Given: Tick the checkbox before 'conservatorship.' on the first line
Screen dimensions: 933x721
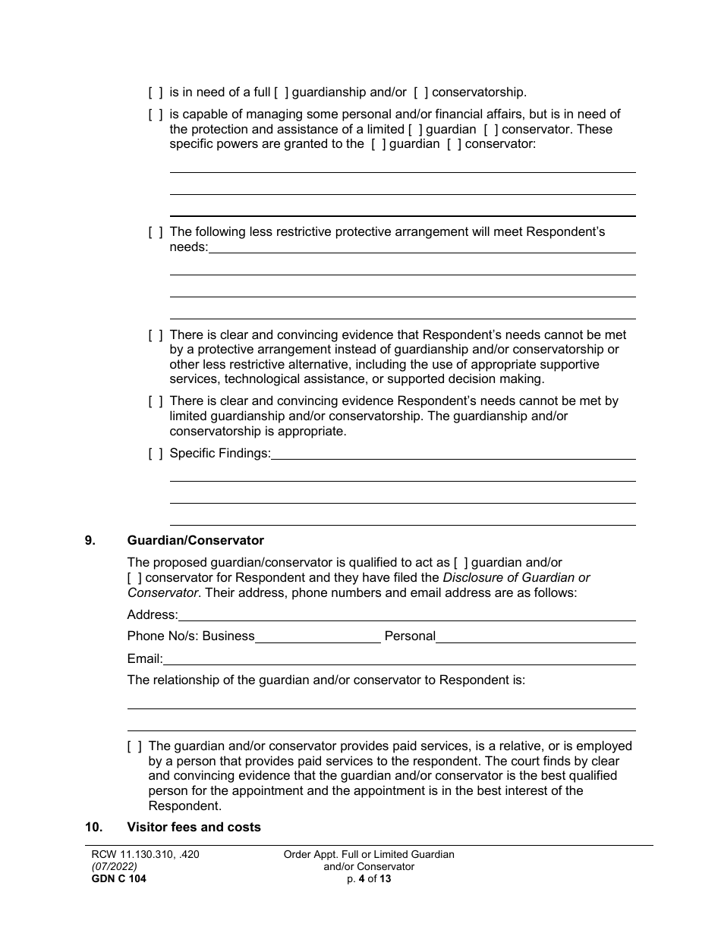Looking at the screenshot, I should click(x=421, y=93).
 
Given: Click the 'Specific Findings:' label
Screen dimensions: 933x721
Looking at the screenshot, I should click(x=220, y=454).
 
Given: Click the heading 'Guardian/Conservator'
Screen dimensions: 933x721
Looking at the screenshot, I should click(x=195, y=541).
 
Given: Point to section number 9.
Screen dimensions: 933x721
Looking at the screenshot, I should click(x=90, y=541).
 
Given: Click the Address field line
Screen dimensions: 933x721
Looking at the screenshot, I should click(x=407, y=614).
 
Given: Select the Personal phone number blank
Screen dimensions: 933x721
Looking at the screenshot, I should click(x=535, y=636).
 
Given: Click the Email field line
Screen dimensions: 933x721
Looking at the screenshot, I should click(x=399, y=658).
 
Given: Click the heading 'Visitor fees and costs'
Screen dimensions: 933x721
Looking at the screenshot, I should click(x=194, y=827).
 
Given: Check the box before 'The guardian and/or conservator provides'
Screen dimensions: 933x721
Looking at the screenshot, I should click(x=134, y=746).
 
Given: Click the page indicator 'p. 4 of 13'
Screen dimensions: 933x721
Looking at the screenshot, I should click(x=368, y=879).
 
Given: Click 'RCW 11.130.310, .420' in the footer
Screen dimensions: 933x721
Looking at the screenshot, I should click(x=145, y=854).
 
